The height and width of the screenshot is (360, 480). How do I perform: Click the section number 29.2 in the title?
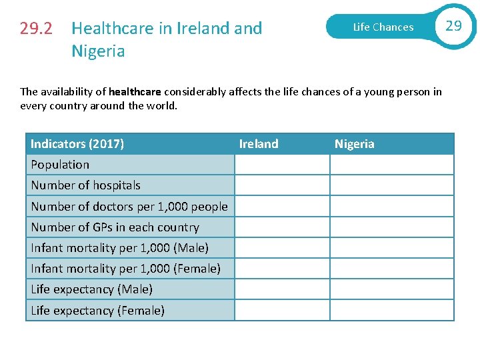click(x=37, y=29)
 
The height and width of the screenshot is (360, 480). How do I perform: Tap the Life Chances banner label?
click(x=383, y=27)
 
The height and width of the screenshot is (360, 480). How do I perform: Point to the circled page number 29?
click(x=453, y=26)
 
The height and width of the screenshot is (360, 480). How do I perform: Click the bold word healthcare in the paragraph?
click(x=135, y=92)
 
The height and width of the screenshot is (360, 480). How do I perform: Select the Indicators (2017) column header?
click(x=77, y=144)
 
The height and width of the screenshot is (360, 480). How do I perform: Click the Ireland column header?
click(x=259, y=144)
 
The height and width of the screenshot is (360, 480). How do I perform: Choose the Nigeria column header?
click(x=354, y=144)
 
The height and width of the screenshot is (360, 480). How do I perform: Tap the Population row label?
click(x=60, y=165)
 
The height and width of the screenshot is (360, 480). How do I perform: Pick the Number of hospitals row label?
click(x=85, y=185)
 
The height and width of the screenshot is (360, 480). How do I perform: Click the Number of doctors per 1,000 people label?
click(x=129, y=207)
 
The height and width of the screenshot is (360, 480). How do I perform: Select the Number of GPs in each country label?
click(x=115, y=227)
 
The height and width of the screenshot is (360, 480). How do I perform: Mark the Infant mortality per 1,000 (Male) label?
click(x=119, y=248)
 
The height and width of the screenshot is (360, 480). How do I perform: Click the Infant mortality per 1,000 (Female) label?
click(x=125, y=269)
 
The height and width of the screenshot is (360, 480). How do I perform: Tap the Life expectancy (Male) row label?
click(x=91, y=289)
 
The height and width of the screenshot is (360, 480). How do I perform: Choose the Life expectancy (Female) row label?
click(x=97, y=311)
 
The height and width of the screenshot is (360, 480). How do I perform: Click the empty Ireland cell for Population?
click(x=282, y=165)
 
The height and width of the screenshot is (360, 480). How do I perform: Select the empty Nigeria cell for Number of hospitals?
click(x=391, y=185)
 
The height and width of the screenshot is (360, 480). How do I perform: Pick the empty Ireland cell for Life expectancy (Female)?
click(x=282, y=311)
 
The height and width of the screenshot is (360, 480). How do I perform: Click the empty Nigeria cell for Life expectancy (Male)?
click(x=391, y=289)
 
